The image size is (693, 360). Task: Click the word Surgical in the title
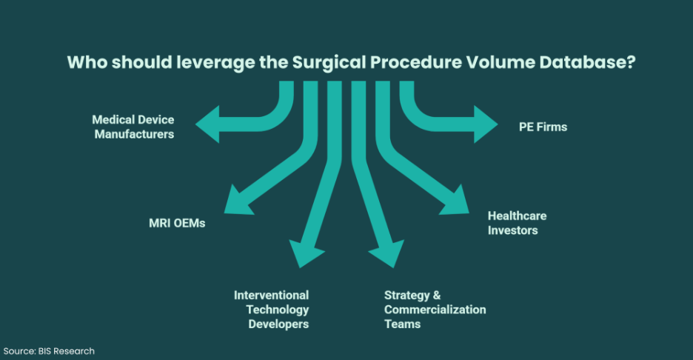pyautogui.click(x=329, y=63)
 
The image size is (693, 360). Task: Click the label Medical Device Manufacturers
pyautogui.click(x=133, y=127)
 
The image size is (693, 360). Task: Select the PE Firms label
pyautogui.click(x=543, y=127)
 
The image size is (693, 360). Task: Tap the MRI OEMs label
pyautogui.click(x=177, y=223)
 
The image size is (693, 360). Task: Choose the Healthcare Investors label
pyautogui.click(x=517, y=223)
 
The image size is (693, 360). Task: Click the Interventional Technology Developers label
pyautogui.click(x=272, y=310)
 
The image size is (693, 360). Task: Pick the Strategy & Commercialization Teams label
pyautogui.click(x=435, y=310)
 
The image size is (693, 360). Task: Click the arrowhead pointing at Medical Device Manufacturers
pyautogui.click(x=208, y=124)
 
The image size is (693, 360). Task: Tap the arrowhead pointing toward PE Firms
pyautogui.click(x=486, y=124)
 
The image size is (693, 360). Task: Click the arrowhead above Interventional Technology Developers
pyautogui.click(x=305, y=253)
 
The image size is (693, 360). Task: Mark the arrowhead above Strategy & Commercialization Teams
pyautogui.click(x=388, y=253)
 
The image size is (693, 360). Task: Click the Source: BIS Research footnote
pyautogui.click(x=49, y=351)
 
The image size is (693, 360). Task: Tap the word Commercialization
pyautogui.click(x=435, y=310)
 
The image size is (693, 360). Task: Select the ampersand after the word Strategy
pyautogui.click(x=437, y=296)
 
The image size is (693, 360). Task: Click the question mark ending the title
pyautogui.click(x=632, y=62)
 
